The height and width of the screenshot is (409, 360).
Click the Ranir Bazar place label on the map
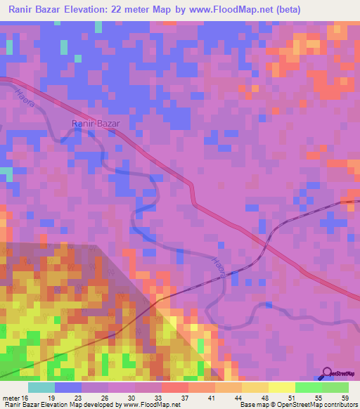tap(96, 124)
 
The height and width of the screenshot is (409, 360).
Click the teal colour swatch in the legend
tap(41, 387)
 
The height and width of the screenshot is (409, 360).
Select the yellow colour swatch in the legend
tap(281, 387)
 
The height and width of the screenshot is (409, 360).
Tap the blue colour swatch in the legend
tap(68, 387)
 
